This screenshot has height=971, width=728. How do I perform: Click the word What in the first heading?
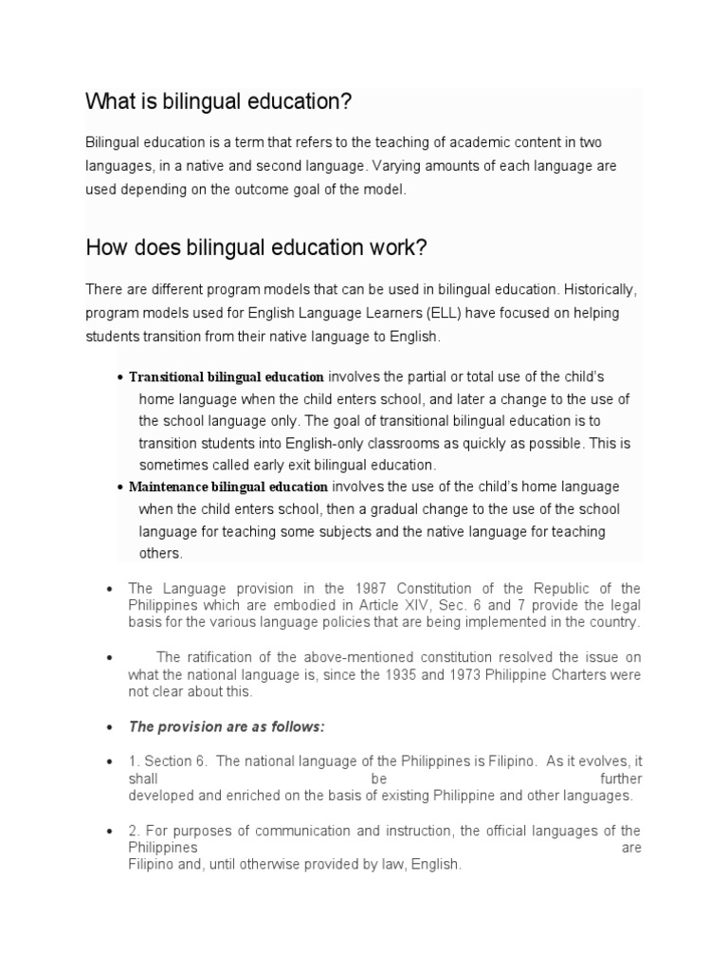[107, 101]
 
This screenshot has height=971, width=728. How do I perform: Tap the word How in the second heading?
[104, 247]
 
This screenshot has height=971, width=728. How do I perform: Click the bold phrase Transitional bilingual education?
[226, 376]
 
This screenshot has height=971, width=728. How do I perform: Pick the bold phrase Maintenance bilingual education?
[227, 487]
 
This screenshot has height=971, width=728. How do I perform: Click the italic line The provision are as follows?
[227, 726]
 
